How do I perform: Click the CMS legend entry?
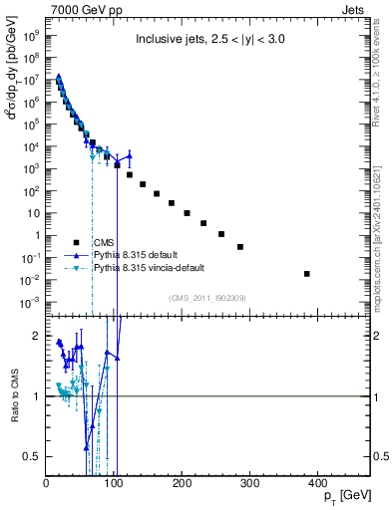(105, 242)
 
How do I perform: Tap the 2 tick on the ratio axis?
(38, 336)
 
